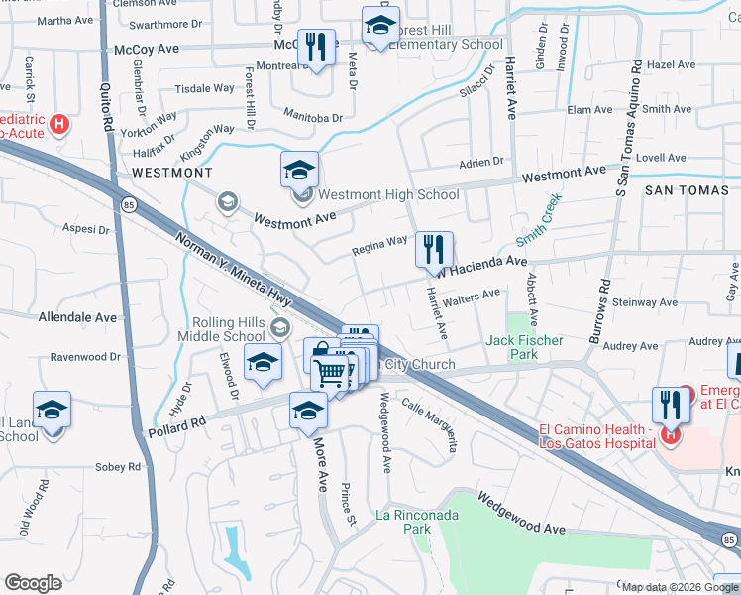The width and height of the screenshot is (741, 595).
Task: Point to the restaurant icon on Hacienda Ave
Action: pyautogui.click(x=434, y=250)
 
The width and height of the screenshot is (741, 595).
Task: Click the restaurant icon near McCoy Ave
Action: pyautogui.click(x=315, y=49)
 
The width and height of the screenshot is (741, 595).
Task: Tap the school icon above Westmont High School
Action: pyautogui.click(x=299, y=170)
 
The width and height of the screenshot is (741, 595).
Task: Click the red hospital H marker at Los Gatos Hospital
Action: pyautogui.click(x=671, y=433)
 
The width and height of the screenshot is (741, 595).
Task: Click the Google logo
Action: pyautogui.click(x=33, y=583)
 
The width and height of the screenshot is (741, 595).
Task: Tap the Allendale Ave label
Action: pyautogui.click(x=76, y=318)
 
